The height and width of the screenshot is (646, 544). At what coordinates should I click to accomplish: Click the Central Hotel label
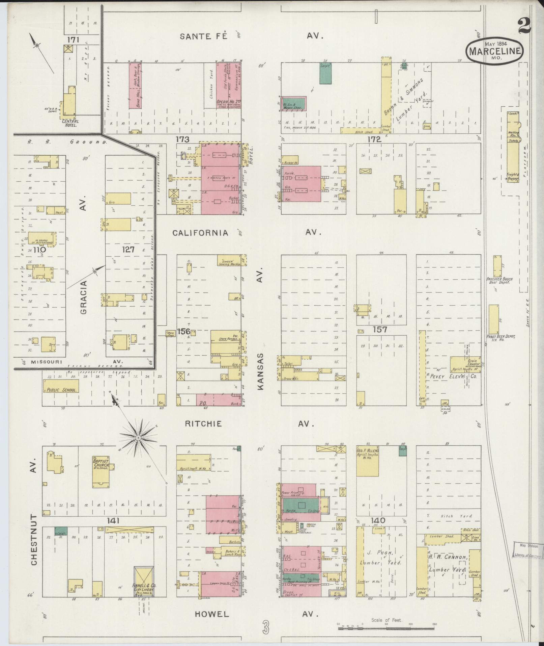tap(70, 123)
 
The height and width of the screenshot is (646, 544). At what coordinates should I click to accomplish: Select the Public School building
tap(61, 386)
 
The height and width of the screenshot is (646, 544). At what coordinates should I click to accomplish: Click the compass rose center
tap(138, 438)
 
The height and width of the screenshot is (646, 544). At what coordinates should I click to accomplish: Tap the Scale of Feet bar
tap(386, 628)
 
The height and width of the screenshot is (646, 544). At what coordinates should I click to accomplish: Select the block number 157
tap(379, 329)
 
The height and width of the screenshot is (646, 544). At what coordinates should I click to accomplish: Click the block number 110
tap(39, 250)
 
